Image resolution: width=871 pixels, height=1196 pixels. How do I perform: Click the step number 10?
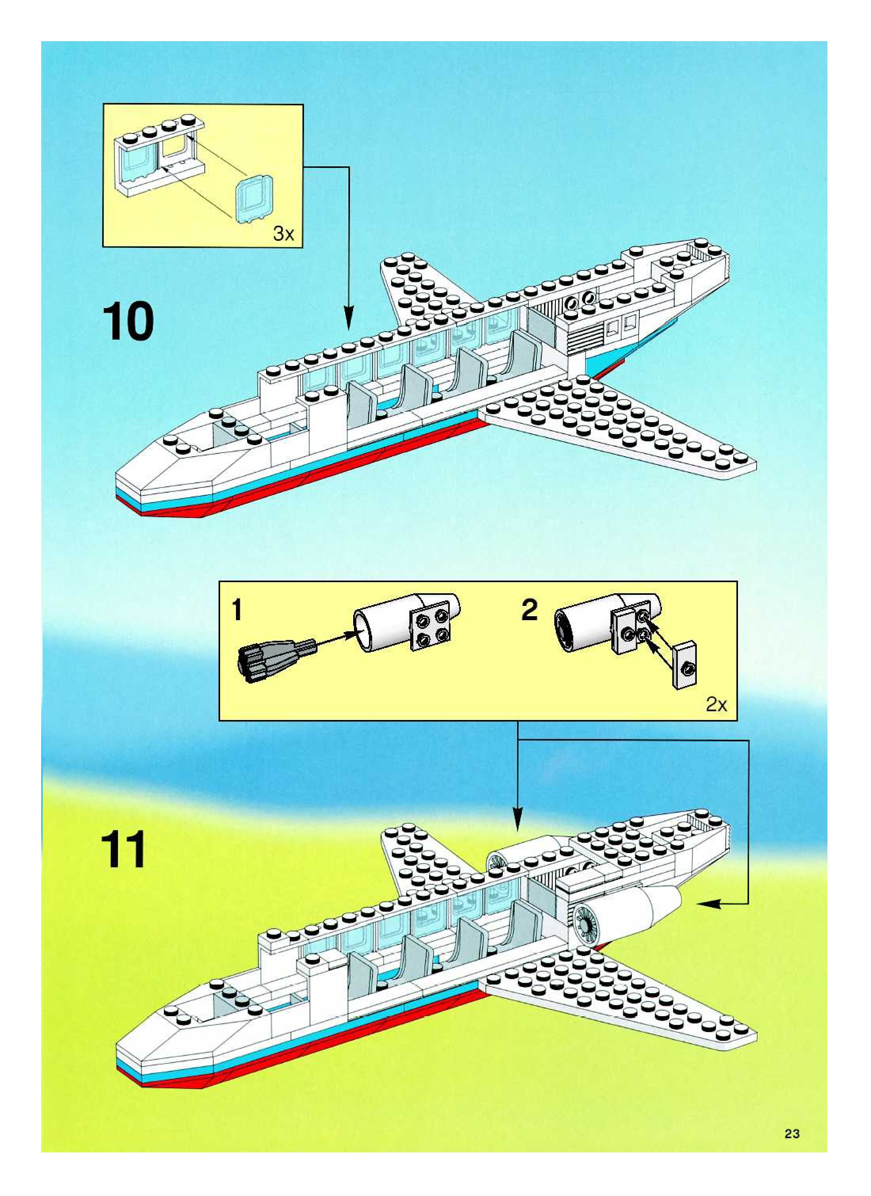point(128,321)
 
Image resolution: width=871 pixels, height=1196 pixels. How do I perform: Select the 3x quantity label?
point(283,233)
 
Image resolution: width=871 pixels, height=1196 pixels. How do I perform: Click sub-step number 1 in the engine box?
point(237,610)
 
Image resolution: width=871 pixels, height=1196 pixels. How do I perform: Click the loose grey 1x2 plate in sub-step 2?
point(685,665)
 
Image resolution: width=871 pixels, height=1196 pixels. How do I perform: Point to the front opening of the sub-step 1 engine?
point(364,631)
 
